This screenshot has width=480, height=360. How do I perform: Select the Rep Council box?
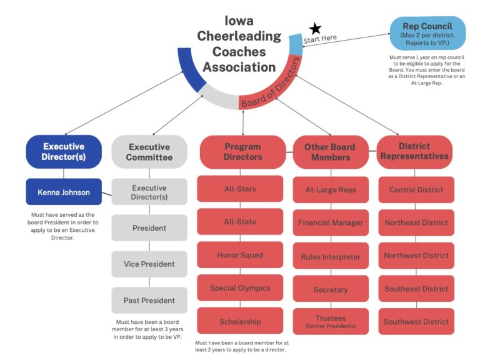tap(427, 33)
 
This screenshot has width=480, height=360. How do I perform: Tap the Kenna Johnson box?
tap(64, 192)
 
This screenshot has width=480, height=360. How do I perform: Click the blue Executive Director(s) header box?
tap(64, 152)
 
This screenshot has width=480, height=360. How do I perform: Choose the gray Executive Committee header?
tap(149, 152)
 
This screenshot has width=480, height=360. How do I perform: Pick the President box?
tap(149, 228)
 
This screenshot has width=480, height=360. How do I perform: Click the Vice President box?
tap(149, 264)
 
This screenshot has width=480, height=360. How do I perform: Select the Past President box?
tap(149, 300)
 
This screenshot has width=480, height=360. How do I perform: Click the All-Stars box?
tap(240, 189)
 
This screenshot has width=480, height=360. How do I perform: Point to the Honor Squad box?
tap(240, 255)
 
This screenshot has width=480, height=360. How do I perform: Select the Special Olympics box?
tap(240, 288)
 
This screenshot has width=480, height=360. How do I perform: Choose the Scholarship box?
tap(240, 321)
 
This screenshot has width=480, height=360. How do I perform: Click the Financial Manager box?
tap(331, 222)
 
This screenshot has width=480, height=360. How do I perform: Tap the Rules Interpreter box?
tap(331, 256)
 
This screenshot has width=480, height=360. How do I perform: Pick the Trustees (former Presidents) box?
tap(331, 321)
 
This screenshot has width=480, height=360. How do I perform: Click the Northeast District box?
tap(416, 222)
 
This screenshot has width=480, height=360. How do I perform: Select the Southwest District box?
tap(416, 321)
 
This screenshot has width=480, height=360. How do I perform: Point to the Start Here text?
tap(320, 39)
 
